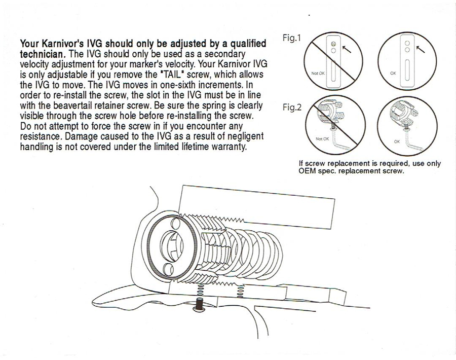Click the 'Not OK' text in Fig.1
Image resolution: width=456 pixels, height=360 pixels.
318,73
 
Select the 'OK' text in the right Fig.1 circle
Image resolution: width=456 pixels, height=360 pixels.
393,73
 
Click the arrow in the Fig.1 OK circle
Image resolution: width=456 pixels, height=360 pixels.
420,49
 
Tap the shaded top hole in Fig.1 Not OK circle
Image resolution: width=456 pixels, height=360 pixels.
333,45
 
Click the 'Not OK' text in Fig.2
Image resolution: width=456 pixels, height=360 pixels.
323,138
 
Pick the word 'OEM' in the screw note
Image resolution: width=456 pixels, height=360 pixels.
308,171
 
